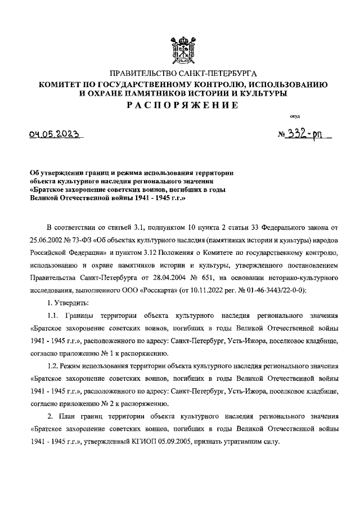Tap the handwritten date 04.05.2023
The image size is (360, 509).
(x=55, y=135)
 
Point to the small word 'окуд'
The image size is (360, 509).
(x=294, y=116)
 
